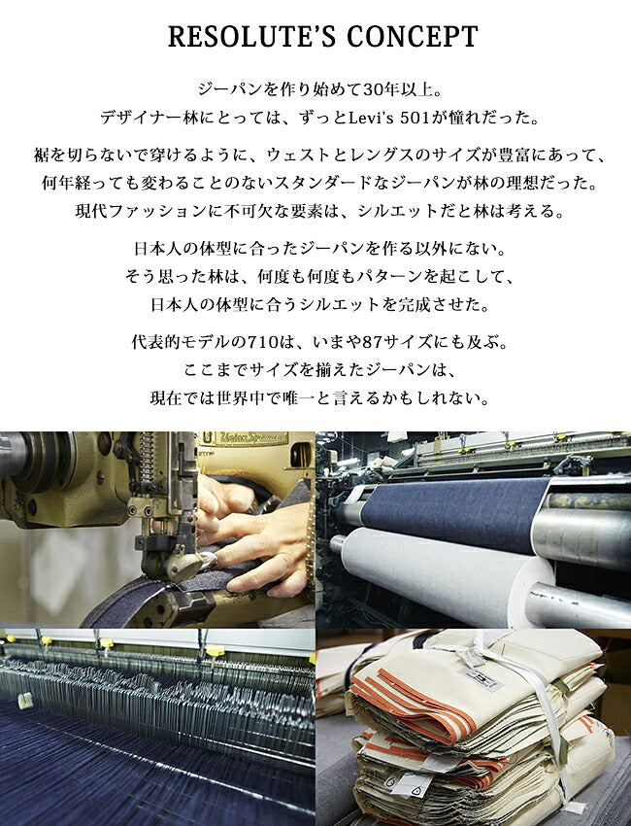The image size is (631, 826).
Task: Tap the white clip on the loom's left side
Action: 24,699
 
